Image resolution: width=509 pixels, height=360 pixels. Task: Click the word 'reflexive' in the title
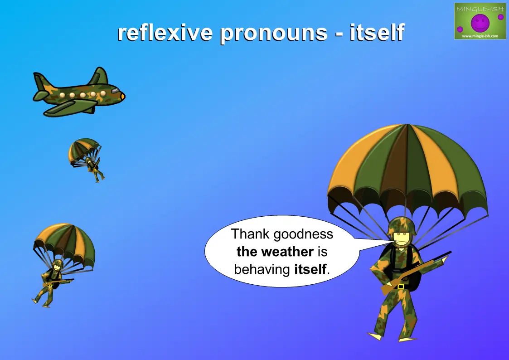coord(165,33)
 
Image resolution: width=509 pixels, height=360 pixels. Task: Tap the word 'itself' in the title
coord(377,33)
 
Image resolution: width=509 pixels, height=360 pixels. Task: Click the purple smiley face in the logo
coord(480,23)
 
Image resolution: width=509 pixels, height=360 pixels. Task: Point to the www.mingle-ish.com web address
coord(480,36)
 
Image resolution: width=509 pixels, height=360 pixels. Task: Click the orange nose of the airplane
coord(123,97)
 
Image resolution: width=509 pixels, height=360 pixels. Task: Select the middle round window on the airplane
coord(83,95)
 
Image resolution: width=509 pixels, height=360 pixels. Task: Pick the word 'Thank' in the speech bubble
coord(250,234)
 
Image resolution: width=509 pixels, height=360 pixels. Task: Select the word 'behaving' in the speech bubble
coord(262,270)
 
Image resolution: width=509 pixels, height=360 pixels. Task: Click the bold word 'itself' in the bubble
coord(310,269)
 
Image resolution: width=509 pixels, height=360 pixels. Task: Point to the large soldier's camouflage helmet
coord(402,226)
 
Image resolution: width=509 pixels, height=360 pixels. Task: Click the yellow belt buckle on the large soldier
coord(401,287)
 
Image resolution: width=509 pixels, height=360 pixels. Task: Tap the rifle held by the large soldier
coord(416,272)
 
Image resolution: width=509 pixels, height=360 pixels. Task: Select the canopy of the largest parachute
coord(408,169)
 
